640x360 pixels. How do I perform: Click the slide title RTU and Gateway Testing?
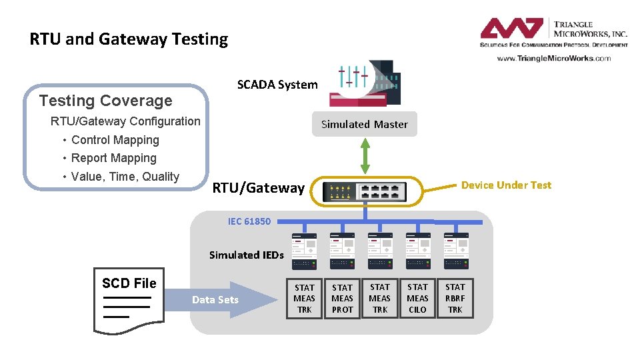(129, 39)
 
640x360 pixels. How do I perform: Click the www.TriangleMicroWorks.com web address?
(553, 58)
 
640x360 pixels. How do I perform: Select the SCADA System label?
(277, 85)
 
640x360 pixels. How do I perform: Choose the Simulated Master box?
(365, 124)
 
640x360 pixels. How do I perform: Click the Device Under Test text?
(506, 185)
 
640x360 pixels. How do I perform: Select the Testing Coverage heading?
(105, 101)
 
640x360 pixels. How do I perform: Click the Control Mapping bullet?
(115, 140)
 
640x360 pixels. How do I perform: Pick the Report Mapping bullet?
(113, 158)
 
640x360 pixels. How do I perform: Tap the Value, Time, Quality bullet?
(125, 177)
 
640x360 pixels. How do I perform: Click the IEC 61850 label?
(249, 221)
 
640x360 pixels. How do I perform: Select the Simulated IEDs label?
(246, 255)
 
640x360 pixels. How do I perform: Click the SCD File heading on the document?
(129, 283)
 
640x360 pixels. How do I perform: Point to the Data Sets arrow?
(215, 299)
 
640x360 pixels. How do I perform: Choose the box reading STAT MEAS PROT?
(342, 298)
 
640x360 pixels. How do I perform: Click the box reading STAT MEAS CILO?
(417, 298)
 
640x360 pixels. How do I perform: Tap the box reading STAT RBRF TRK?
(455, 298)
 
